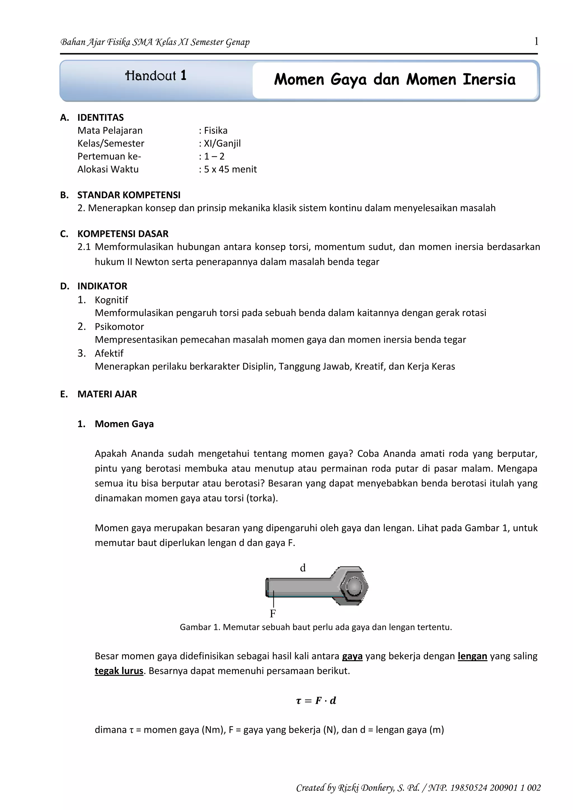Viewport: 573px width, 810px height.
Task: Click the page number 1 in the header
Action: point(536,42)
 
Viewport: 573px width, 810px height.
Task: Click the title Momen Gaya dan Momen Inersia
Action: point(394,80)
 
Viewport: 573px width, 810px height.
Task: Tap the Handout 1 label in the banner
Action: point(156,76)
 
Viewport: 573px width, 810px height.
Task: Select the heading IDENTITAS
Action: point(100,117)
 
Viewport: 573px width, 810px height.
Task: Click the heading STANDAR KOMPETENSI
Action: point(129,195)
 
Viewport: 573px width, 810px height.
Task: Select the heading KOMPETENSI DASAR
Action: point(123,234)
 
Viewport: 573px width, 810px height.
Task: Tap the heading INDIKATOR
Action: point(102,286)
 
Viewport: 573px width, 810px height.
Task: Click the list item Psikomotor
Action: point(119,327)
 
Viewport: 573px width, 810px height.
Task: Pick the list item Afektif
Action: point(109,354)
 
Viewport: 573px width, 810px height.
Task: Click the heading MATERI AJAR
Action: point(107,394)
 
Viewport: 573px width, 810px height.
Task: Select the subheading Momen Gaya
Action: point(124,424)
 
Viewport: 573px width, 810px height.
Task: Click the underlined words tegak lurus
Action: point(119,671)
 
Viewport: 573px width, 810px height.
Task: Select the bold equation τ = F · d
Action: point(316,701)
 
